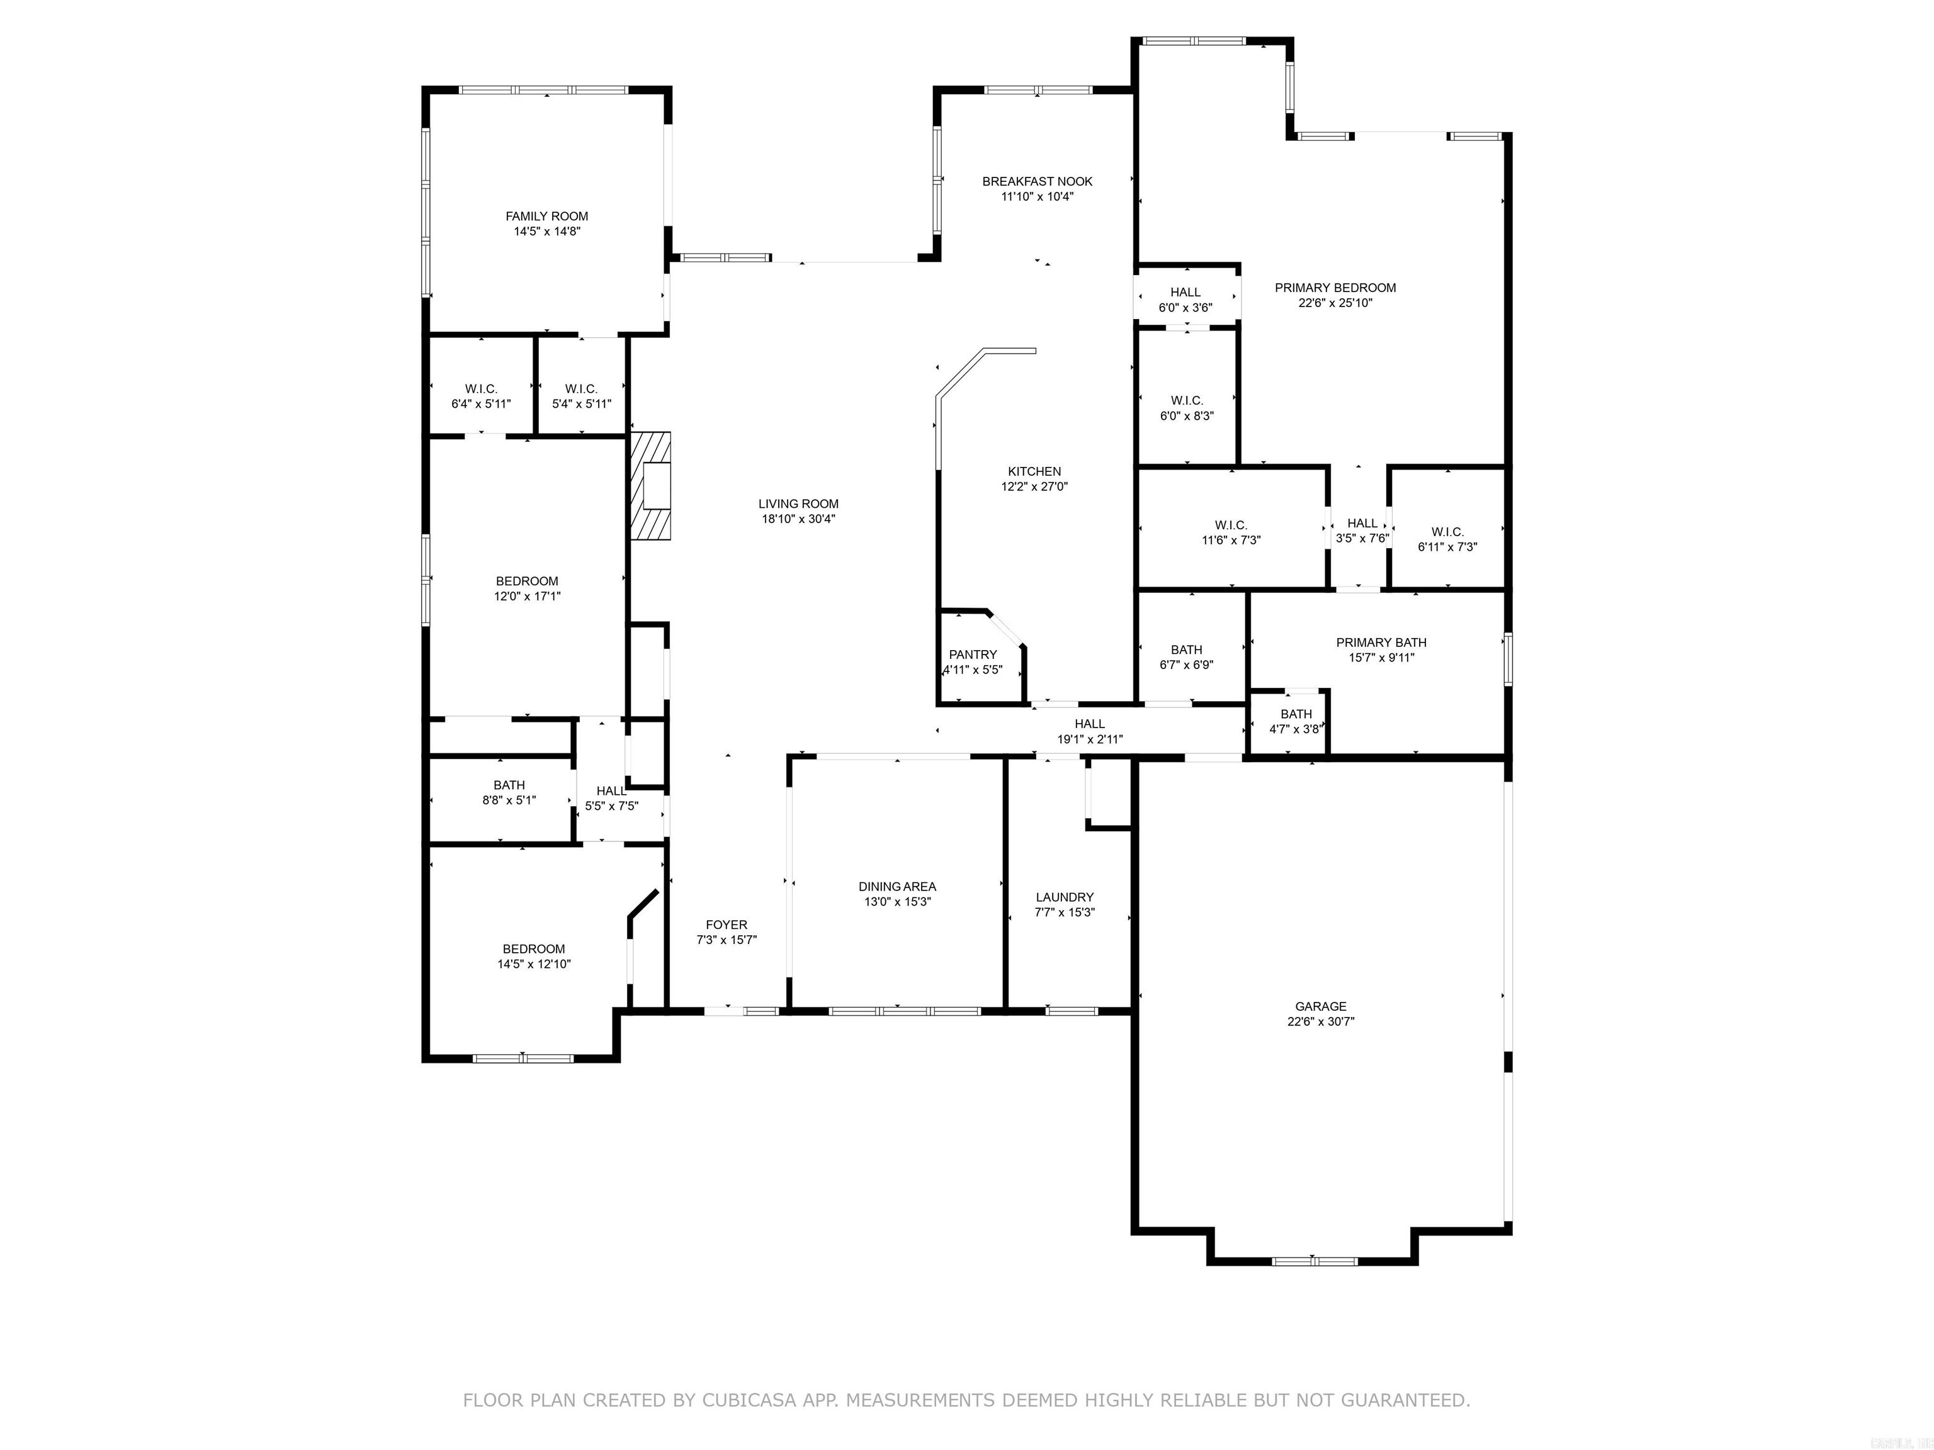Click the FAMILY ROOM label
coord(546,216)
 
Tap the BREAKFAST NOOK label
coord(1037,181)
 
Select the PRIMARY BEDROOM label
coord(1335,288)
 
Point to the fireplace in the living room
coord(650,486)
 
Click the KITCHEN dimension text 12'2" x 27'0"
coord(1034,487)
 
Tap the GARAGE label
coord(1320,1006)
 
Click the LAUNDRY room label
coord(1064,897)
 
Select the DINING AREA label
coord(897,886)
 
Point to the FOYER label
coord(727,925)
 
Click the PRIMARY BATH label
coord(1381,643)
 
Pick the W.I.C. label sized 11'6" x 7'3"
coord(1231,525)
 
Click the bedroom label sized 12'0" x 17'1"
coord(527,582)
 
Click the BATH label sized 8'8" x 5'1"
coord(509,785)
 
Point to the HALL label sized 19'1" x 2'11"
coord(1089,724)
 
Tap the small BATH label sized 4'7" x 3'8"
coord(1296,714)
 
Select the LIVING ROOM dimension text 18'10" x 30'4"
coord(798,519)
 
